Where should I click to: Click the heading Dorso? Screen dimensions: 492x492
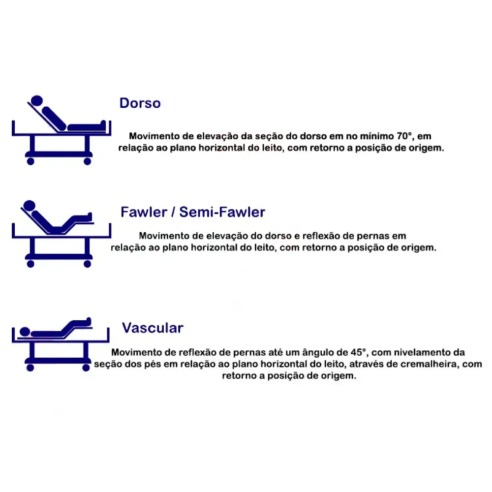pyautogui.click(x=140, y=103)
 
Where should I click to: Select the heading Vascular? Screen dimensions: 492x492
pyautogui.click(x=153, y=328)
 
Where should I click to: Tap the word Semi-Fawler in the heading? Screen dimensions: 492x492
pyautogui.click(x=222, y=212)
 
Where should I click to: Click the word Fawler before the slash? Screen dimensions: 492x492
pyautogui.click(x=144, y=212)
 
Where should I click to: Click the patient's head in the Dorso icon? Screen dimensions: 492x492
pyautogui.click(x=37, y=101)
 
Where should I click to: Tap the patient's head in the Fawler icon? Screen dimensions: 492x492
pyautogui.click(x=30, y=206)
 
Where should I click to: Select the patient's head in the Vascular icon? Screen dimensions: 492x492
pyautogui.click(x=25, y=332)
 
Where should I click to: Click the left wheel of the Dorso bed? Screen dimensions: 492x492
pyautogui.click(x=31, y=161)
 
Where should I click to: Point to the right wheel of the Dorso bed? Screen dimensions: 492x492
pyautogui.click(x=87, y=161)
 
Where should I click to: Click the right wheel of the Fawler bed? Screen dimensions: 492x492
pyautogui.click(x=87, y=264)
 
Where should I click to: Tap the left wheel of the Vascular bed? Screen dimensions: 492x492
pyautogui.click(x=30, y=368)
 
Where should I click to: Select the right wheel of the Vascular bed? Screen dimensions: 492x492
pyautogui.click(x=86, y=368)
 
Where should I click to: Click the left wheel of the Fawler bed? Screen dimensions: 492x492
pyautogui.click(x=31, y=264)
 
